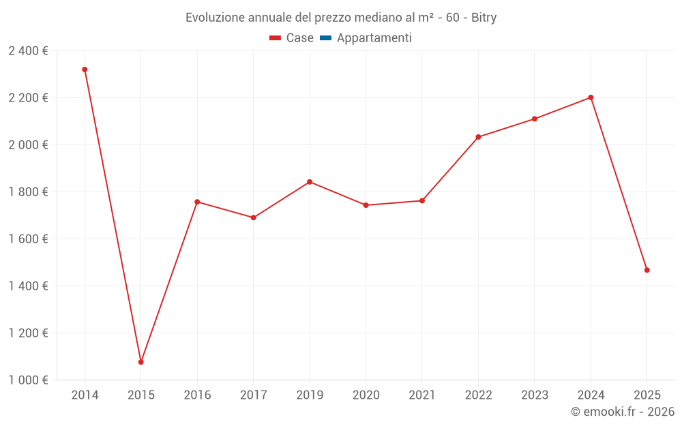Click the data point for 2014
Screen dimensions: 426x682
(x=85, y=70)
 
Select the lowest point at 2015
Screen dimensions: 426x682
(x=141, y=362)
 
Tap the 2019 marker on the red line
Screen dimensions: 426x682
(x=310, y=182)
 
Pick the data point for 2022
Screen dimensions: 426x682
(x=478, y=137)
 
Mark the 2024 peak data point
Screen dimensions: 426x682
(x=591, y=97)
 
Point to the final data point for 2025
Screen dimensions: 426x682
(x=647, y=270)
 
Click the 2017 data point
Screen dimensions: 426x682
(x=253, y=217)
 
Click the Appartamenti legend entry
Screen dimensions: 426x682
(x=374, y=38)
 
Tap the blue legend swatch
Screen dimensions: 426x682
(x=325, y=38)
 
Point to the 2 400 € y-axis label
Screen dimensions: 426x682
(x=28, y=51)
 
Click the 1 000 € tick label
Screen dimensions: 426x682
(x=28, y=380)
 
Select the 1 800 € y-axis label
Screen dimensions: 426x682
(x=28, y=192)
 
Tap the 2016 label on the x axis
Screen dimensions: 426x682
(x=197, y=395)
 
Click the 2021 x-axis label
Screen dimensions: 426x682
(x=422, y=395)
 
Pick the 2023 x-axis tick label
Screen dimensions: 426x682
(x=534, y=395)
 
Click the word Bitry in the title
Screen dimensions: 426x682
(x=484, y=18)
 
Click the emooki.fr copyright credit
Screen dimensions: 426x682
(x=622, y=412)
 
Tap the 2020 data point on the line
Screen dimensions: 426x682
(x=366, y=205)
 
